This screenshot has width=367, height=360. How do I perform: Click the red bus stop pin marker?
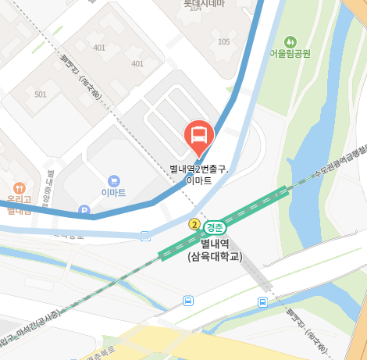coord(199,136)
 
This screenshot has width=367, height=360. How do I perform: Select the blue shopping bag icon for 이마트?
coord(115,180)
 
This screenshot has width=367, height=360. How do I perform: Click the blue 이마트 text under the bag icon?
coord(114,193)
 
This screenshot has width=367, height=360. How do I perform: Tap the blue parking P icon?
coord(84,211)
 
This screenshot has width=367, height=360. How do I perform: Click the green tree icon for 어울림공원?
coord(290,41)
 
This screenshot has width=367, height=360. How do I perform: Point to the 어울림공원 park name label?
coord(290,54)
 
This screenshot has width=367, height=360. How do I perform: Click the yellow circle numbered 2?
coord(194,225)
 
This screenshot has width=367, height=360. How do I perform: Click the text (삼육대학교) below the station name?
coord(215,256)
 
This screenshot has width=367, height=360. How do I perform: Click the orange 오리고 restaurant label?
coord(17,201)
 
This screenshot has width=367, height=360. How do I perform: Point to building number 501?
coord(41,94)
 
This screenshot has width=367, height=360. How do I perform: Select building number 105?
coord(225,41)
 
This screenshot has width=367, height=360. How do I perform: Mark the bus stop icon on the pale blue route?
coord(145,236)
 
